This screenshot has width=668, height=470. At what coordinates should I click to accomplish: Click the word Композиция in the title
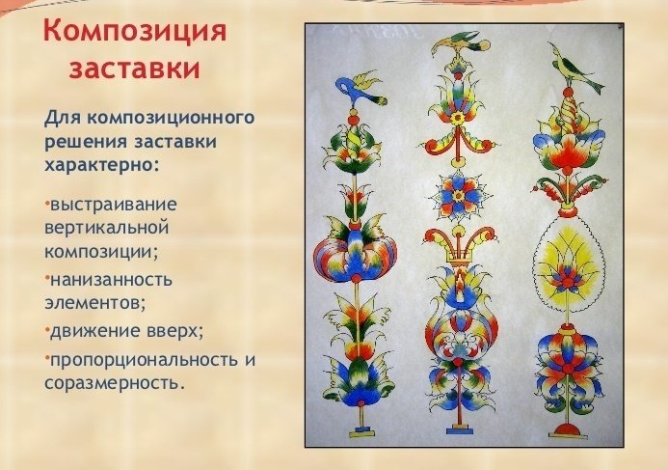tap(135, 32)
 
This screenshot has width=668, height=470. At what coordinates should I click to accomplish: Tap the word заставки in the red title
tap(135, 69)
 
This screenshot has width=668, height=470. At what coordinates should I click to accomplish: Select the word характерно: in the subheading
tap(101, 165)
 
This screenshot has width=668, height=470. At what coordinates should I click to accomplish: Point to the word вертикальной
tap(106, 228)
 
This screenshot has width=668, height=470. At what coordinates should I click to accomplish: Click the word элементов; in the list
tap(95, 303)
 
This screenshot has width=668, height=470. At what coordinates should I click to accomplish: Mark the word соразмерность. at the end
tap(115, 383)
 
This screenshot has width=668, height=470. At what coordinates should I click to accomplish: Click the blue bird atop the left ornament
tap(360, 91)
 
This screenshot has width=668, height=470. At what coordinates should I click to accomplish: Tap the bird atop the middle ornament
tap(460, 46)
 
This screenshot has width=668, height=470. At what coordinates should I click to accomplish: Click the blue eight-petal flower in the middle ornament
tap(459, 196)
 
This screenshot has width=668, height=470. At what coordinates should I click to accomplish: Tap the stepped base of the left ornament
tap(361, 430)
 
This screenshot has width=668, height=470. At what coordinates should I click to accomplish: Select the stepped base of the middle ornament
tap(459, 429)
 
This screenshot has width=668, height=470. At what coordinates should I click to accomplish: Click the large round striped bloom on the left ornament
tap(356, 255)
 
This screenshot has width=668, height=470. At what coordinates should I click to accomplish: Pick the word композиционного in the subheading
tap(172, 118)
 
